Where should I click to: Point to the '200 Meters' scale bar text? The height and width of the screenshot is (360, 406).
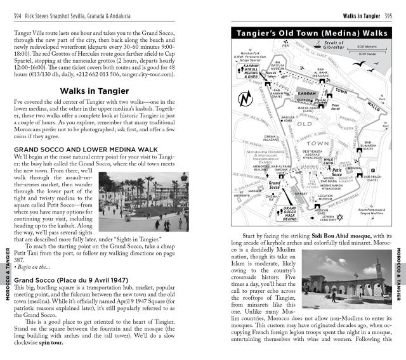pos(366,46)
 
